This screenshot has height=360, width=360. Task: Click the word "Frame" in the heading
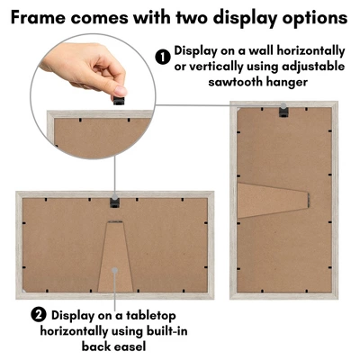38,17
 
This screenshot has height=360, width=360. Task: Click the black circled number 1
163,57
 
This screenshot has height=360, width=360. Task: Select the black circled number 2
39,315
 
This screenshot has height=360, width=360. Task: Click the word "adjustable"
313,67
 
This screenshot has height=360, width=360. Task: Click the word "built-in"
166,331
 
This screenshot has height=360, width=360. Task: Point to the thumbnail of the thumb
121,90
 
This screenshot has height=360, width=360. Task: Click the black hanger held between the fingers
119,100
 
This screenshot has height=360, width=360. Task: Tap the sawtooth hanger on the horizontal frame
114,202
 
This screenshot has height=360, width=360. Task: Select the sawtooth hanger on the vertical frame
283,112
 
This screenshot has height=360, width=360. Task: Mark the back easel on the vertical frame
273,200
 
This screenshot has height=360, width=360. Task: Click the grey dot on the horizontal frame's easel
115,270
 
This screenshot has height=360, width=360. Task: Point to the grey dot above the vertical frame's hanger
283,105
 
